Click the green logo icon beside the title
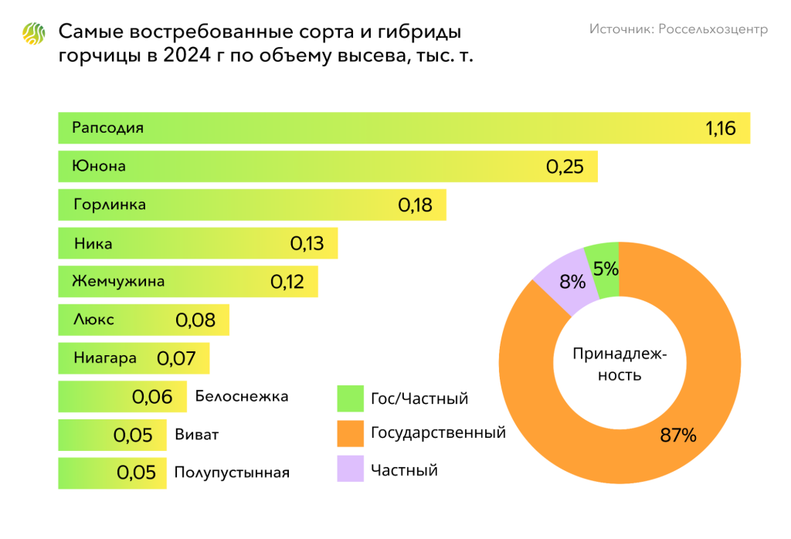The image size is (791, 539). [35, 35]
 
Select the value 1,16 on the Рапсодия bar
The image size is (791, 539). [727, 128]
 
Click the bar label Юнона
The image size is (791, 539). [99, 166]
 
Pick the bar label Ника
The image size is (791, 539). [93, 243]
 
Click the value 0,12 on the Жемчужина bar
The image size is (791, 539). [287, 281]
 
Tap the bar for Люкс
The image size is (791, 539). [144, 319]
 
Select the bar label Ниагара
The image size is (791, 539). [105, 358]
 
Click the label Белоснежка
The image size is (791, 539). [242, 396]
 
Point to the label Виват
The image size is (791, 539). [197, 434]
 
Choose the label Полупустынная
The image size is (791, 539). [232, 473]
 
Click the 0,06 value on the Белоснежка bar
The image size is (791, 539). [152, 397]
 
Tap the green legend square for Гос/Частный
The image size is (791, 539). [350, 398]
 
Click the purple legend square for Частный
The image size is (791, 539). [350, 469]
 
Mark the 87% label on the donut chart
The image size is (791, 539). [678, 435]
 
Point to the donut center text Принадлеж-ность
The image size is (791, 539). [619, 364]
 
